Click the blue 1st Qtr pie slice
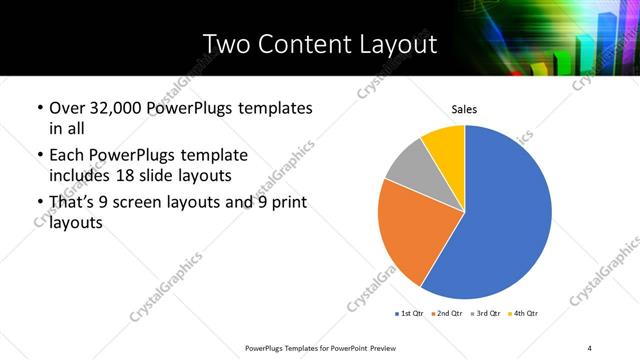[505, 215]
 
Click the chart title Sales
[465, 108]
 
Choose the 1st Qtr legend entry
[411, 313]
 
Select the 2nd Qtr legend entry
[446, 313]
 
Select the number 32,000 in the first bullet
[116, 107]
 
